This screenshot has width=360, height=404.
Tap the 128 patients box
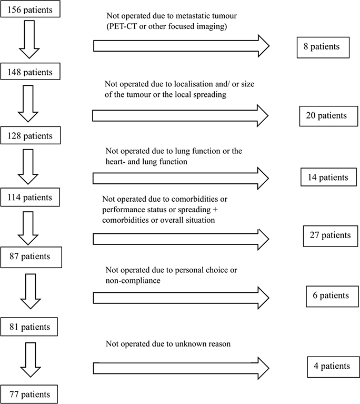pos(31,135)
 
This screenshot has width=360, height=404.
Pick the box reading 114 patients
pos(31,198)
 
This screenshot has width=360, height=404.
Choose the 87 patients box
pos(30,257)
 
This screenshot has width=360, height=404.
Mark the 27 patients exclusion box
pos(331,235)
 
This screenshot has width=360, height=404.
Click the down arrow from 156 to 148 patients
pos(30,40)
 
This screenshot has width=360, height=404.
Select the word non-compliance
pos(132,281)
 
